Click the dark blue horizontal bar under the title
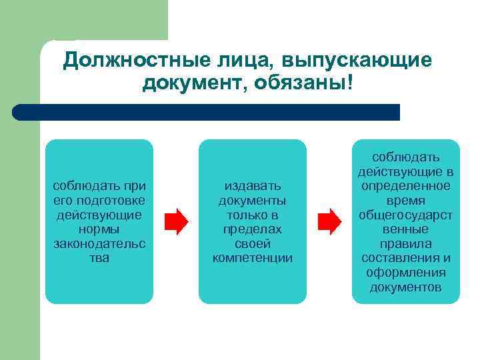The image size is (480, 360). [207, 112]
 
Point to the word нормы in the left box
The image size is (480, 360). [99, 229]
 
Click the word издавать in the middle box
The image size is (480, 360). [252, 185]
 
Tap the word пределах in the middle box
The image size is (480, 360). [252, 229]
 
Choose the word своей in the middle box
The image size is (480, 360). [252, 243]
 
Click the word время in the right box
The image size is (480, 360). [405, 200]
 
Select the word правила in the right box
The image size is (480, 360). [405, 243]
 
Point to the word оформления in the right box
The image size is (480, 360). [405, 273]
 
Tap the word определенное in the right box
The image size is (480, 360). [405, 185]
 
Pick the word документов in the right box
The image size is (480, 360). [405, 287]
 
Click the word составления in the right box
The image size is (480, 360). [399, 258]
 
